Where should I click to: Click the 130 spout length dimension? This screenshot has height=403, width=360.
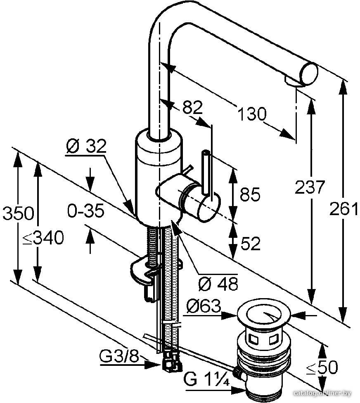[x=252, y=114]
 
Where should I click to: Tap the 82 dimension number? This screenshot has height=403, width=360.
[x=192, y=107]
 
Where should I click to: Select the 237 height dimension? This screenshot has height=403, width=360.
[x=310, y=187]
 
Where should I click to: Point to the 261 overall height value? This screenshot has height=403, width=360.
[x=344, y=209]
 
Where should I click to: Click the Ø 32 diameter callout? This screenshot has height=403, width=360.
[x=86, y=146]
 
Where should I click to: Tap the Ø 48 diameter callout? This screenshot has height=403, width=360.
[x=218, y=284]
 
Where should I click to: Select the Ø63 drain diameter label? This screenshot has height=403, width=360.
[x=204, y=306]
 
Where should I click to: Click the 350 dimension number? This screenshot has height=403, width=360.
[x=18, y=213]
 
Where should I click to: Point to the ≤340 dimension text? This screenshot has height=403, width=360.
[x=43, y=237]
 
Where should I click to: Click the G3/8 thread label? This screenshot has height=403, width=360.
[x=119, y=356]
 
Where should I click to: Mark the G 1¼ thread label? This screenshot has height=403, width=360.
[x=206, y=378]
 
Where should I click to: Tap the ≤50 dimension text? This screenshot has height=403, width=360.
[x=322, y=367]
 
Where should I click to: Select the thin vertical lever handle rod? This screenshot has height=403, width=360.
[x=206, y=172]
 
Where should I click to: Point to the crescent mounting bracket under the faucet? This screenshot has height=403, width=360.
[x=144, y=271]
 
